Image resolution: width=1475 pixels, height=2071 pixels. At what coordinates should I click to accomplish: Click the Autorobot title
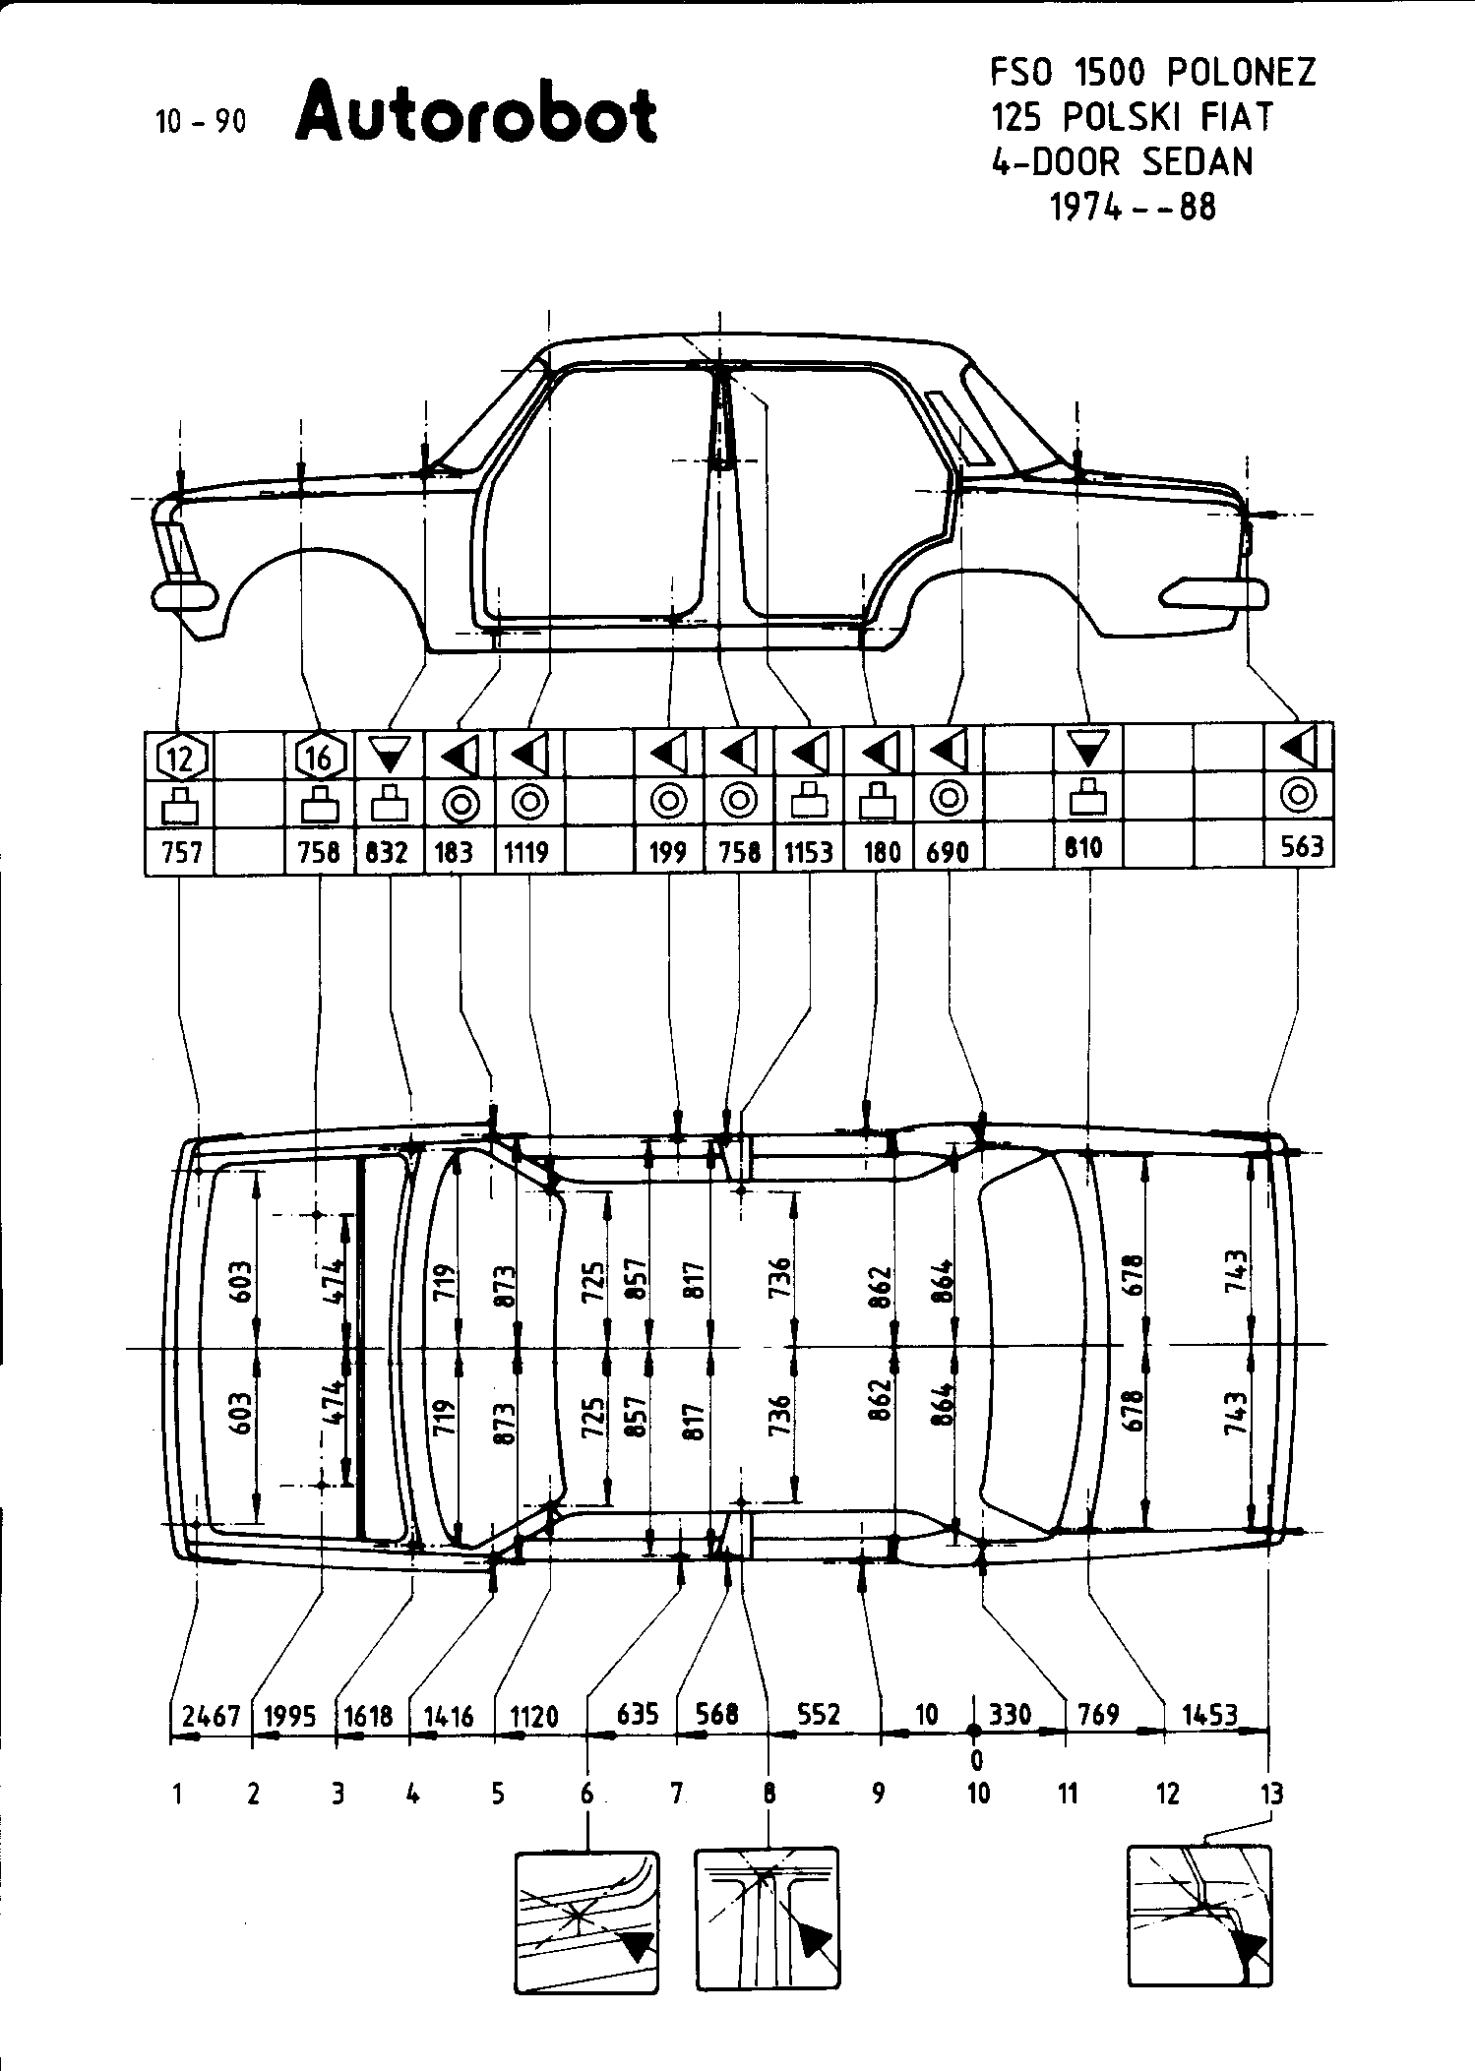tap(475, 116)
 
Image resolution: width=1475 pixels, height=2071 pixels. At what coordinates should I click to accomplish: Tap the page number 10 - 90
tap(200, 121)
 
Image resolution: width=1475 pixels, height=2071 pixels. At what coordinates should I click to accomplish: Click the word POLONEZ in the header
tap(1241, 73)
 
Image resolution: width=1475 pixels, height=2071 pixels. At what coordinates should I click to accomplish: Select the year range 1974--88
tap(1133, 208)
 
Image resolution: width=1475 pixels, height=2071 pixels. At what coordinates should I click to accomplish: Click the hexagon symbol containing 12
tap(180, 759)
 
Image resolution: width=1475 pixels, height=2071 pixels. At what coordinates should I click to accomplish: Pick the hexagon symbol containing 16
tap(321, 759)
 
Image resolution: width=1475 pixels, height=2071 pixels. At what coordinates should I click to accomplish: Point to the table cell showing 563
tap(1301, 847)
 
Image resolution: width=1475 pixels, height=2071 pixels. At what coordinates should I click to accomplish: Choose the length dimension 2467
tap(211, 1716)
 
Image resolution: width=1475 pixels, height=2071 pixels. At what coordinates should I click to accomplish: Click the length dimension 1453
tap(1209, 1715)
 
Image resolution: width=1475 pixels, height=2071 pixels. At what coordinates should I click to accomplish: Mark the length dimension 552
tap(819, 1715)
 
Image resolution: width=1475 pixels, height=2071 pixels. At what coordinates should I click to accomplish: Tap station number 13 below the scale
tap(1272, 1795)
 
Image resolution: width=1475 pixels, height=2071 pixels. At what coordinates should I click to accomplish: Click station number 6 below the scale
tap(587, 1795)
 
